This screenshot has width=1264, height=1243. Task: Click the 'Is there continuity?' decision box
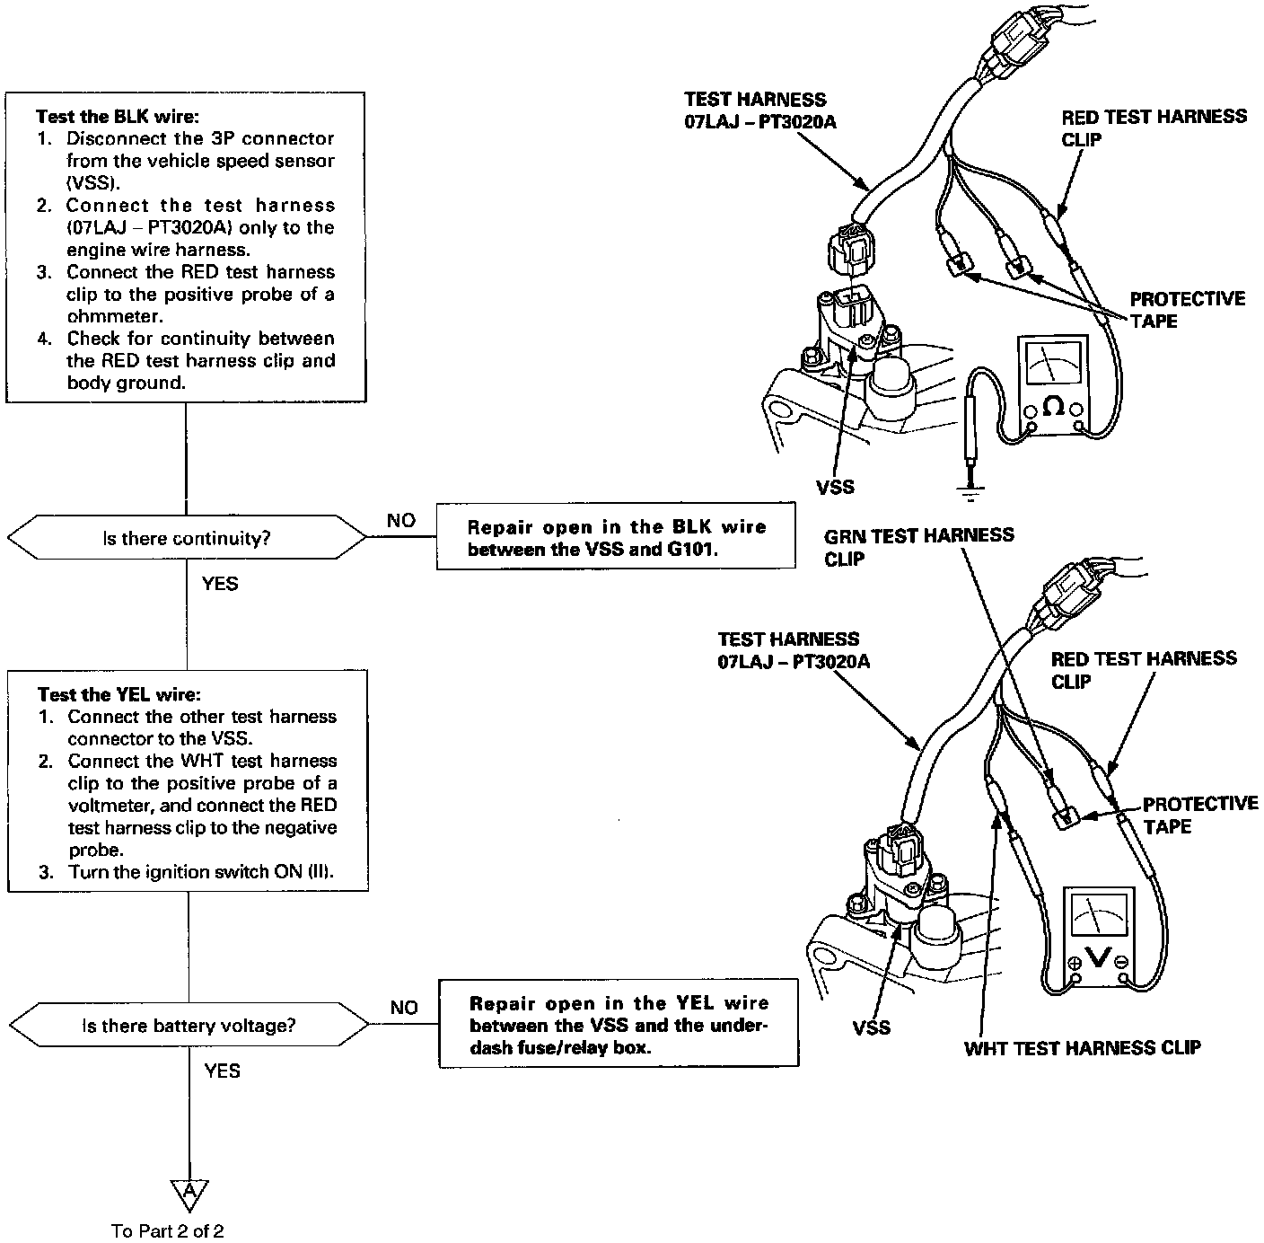187,538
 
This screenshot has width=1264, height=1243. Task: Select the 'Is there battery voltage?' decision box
189,1025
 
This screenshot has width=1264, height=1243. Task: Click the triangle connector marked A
189,1193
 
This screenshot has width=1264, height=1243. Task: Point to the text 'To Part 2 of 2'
168,1230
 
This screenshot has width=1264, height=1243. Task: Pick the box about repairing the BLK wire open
616,537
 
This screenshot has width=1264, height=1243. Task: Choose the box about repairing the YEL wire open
619,1025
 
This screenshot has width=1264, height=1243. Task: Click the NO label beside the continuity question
401,521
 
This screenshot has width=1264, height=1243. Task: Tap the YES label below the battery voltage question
222,1071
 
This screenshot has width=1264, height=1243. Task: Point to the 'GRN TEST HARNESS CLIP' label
919,546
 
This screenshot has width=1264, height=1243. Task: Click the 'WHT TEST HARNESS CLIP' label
1082,1048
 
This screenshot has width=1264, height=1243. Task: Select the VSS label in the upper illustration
835,488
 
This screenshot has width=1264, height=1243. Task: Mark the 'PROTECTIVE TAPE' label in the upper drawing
1187,310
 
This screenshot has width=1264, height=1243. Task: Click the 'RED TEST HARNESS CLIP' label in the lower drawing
1143,670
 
